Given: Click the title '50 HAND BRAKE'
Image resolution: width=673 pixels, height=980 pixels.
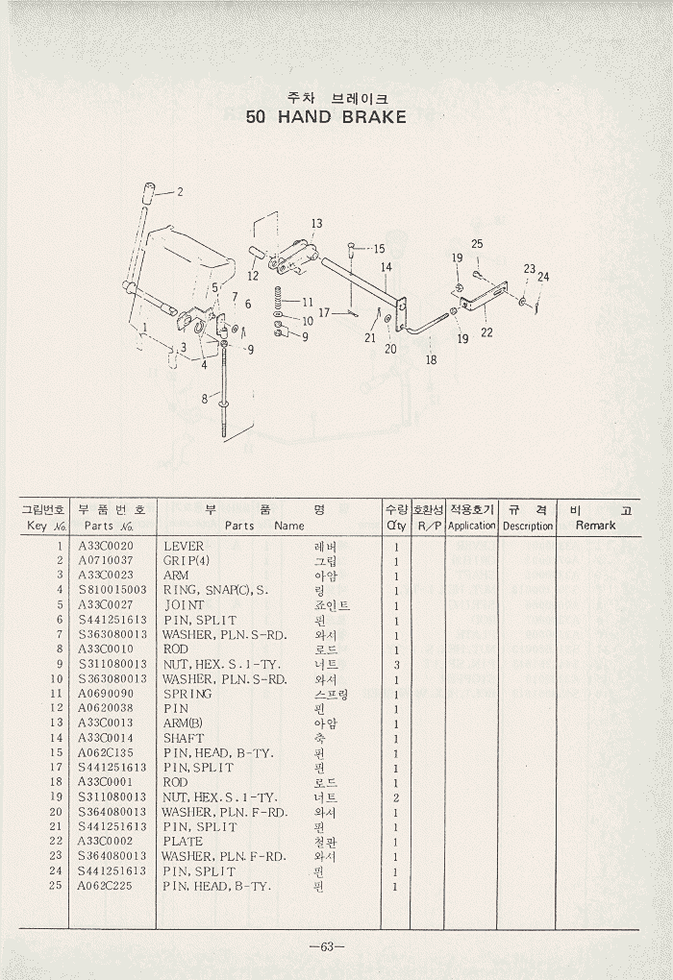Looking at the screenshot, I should point(326,117).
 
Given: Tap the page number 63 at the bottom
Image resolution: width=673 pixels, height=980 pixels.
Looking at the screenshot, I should point(326,946).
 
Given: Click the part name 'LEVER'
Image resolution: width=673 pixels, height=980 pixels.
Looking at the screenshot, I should point(184,546).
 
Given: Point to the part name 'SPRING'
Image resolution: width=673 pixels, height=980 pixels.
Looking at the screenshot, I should point(187,694).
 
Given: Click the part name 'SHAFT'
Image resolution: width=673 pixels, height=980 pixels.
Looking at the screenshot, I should point(184,738).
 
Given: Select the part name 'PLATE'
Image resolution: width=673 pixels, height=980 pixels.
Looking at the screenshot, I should point(183,841).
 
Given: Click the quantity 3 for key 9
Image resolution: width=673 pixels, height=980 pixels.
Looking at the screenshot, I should point(396,664).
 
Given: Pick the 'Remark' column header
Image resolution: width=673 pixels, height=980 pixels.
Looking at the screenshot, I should point(595,526).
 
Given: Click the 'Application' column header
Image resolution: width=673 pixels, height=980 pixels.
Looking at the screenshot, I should point(471,526).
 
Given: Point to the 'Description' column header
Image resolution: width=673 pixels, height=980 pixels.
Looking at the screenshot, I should point(528,526).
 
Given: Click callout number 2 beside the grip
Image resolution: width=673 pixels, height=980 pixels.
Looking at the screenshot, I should point(179,191).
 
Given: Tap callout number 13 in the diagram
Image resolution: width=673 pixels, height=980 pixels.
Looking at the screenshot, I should point(316,224).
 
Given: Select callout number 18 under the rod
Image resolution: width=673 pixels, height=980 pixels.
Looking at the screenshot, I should point(431,360).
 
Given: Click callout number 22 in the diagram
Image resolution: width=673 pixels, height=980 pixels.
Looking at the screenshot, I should point(486,332).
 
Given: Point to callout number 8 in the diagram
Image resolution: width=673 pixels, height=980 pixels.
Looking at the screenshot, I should point(204,397).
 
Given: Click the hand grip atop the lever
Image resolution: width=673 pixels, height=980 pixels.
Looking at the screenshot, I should point(150,189).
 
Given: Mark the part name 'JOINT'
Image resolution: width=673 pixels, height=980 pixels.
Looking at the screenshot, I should point(186,605).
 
